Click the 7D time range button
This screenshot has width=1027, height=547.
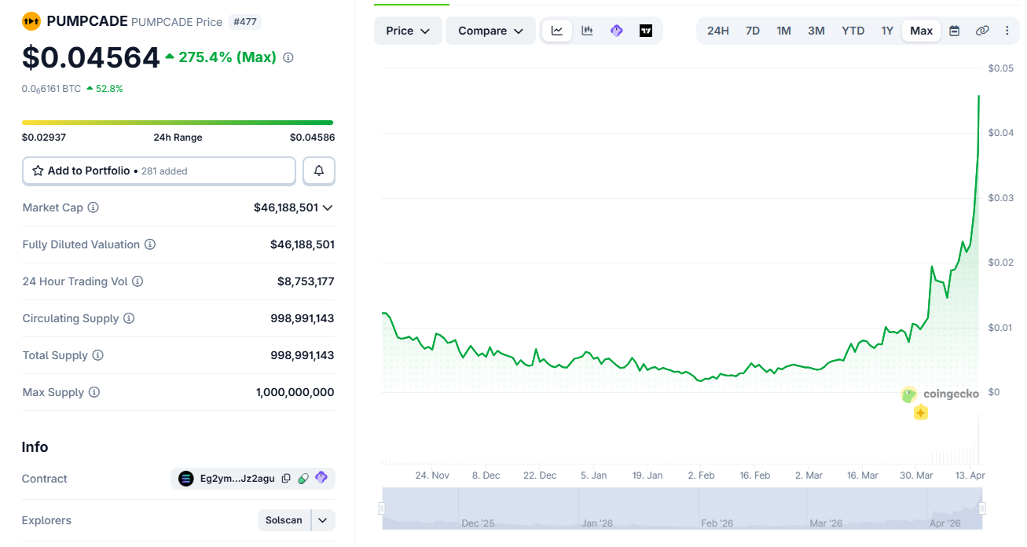click(x=752, y=31)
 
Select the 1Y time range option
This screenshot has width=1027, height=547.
click(x=886, y=31)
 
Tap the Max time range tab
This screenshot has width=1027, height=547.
click(x=921, y=31)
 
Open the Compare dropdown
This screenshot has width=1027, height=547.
click(x=490, y=31)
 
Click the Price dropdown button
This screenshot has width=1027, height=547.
click(x=408, y=31)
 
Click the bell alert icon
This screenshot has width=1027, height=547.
click(x=319, y=171)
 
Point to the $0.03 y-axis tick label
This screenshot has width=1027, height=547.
click(x=1000, y=198)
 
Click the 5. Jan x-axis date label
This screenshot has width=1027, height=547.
click(x=593, y=475)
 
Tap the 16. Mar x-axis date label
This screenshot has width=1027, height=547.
click(x=862, y=475)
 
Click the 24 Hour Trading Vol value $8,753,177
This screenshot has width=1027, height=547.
click(x=306, y=281)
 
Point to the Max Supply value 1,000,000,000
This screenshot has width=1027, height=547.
click(x=295, y=392)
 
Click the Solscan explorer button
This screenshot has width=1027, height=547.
click(x=284, y=520)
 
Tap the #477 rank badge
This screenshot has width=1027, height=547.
click(x=245, y=22)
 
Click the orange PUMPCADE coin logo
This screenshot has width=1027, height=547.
click(x=31, y=21)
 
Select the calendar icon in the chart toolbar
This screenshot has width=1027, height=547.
click(x=954, y=31)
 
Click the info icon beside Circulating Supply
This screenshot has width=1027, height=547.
click(x=129, y=318)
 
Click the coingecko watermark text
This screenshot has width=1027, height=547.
click(x=951, y=394)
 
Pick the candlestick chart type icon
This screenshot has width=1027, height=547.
click(x=587, y=31)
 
